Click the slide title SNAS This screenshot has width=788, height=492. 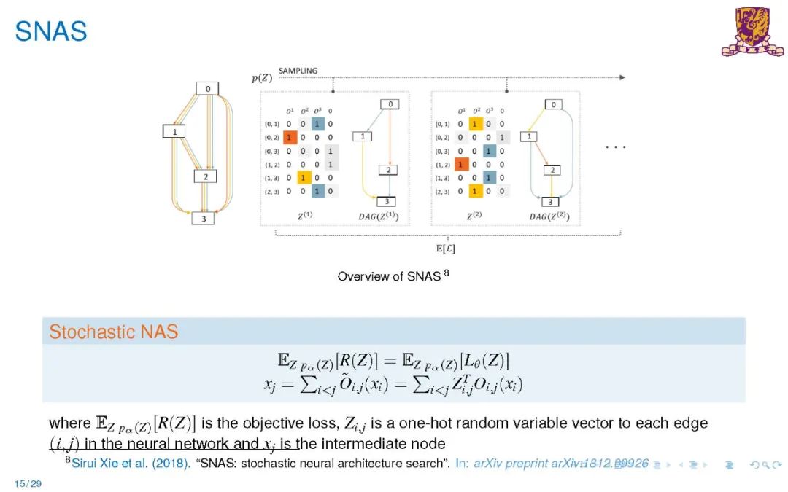point(51,31)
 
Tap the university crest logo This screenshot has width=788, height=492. point(752,31)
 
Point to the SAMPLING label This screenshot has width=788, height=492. point(298,71)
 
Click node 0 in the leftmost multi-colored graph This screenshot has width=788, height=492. point(207,88)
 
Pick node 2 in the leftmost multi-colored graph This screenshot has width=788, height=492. point(206,176)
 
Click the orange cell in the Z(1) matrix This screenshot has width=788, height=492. point(290,137)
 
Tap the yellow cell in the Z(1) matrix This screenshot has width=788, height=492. point(304,178)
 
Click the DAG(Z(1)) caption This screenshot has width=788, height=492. point(379,216)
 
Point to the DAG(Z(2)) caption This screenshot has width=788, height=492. point(549,216)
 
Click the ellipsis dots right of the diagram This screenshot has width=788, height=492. point(616,147)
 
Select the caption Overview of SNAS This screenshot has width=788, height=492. point(389,276)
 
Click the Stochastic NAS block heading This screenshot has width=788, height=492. point(113,332)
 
